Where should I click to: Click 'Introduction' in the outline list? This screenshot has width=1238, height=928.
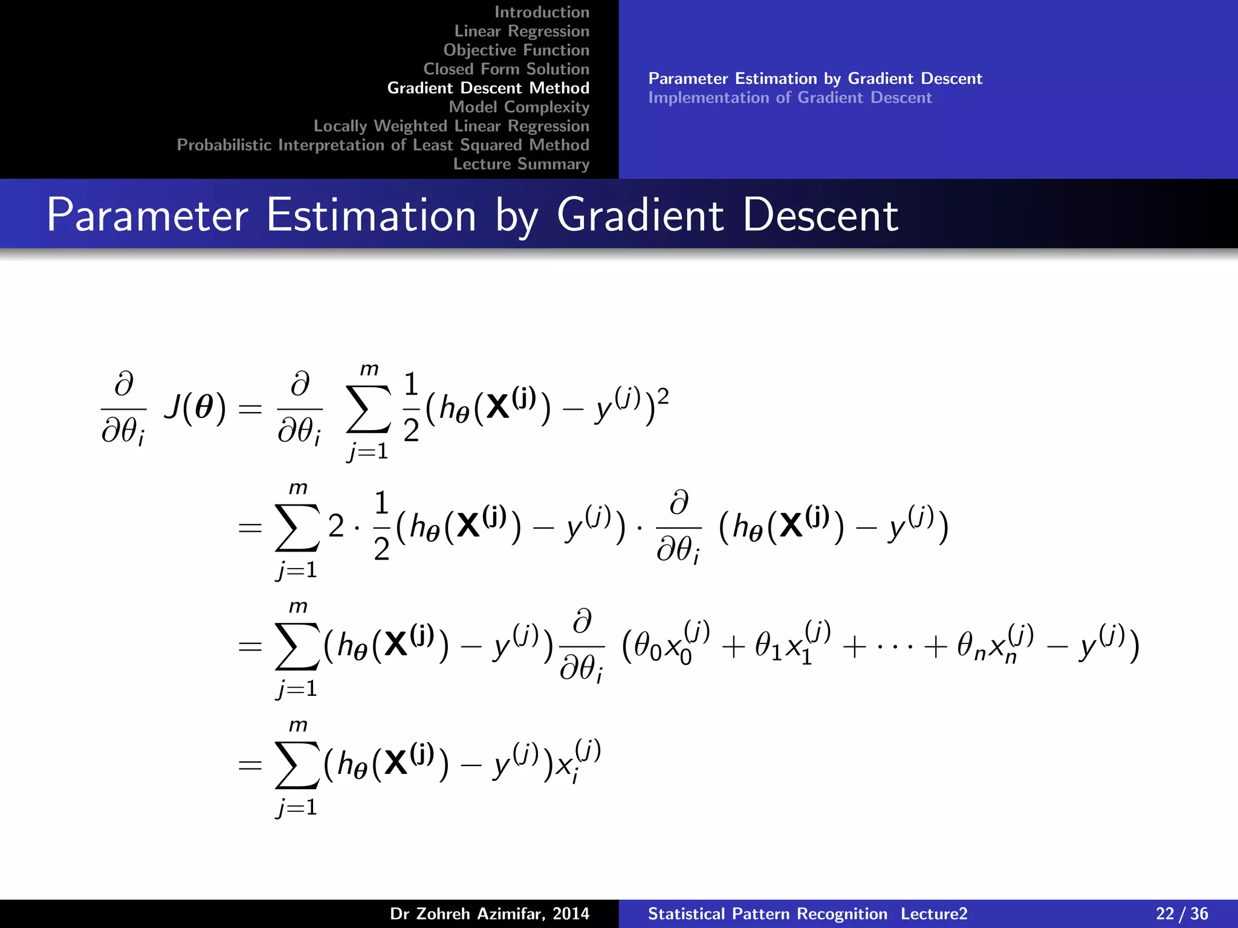pyautogui.click(x=542, y=12)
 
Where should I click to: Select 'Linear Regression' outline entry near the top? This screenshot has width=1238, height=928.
pyautogui.click(x=522, y=31)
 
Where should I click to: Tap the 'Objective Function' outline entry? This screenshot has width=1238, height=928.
pyautogui.click(x=516, y=50)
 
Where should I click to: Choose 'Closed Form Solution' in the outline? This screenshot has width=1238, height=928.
pyautogui.click(x=506, y=69)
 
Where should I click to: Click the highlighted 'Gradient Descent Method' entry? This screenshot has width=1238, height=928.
pyautogui.click(x=488, y=88)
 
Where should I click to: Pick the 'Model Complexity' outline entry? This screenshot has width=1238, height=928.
pyautogui.click(x=519, y=107)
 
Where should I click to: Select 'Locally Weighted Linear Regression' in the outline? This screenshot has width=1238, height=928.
pyautogui.click(x=451, y=126)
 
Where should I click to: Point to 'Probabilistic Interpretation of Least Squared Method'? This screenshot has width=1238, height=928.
pyautogui.click(x=383, y=145)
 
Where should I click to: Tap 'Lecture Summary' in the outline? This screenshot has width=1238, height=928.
pyautogui.click(x=521, y=164)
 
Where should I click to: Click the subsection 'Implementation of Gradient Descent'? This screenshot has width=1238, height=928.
pyautogui.click(x=790, y=98)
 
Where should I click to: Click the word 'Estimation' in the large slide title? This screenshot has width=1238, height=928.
pyautogui.click(x=371, y=215)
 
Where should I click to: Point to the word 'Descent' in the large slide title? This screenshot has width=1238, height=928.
pyautogui.click(x=820, y=215)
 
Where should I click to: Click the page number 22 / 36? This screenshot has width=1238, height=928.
pyautogui.click(x=1182, y=913)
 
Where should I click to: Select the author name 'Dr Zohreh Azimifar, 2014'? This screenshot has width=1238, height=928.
pyautogui.click(x=489, y=913)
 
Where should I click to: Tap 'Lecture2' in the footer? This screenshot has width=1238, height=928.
pyautogui.click(x=934, y=913)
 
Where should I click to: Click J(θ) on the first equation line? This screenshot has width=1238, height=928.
pyautogui.click(x=195, y=408)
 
